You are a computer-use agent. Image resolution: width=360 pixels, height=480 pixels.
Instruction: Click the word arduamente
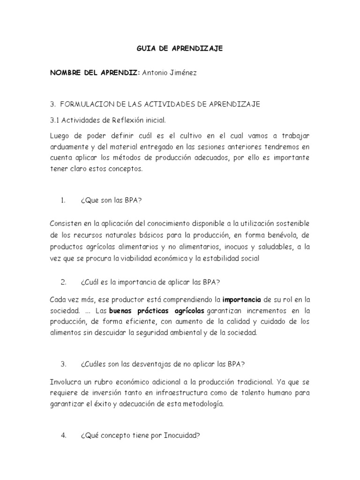[68, 147]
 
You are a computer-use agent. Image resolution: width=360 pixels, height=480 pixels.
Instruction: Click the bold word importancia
[242, 299]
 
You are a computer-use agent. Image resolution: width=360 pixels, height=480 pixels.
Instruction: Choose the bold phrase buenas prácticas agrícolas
[157, 310]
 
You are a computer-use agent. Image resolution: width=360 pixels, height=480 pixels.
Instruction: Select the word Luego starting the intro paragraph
[59, 135]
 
